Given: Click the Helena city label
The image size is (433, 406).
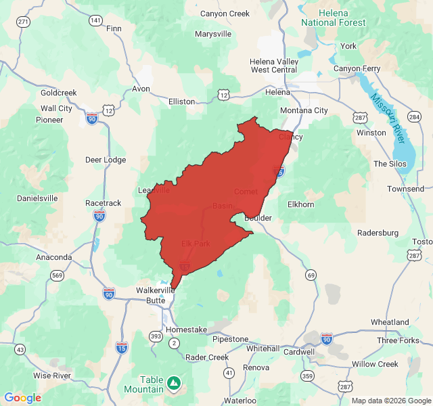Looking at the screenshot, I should coord(277,92).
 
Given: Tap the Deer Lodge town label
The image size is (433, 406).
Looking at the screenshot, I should coord(105,160).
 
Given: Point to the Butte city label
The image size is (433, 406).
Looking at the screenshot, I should coord(156,300).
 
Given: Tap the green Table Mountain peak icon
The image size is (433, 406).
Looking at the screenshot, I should coord(175,383).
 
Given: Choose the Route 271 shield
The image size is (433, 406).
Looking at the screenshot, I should coord(24,22).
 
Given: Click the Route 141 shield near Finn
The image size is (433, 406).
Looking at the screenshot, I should coord(95,21).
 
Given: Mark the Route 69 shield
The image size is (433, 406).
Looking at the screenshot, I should coord(311,275).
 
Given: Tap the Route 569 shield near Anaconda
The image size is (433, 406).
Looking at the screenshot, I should coord(57,275).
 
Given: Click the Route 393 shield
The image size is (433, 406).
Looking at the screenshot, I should coord(156,336).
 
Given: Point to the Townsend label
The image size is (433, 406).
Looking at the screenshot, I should coord(405,189).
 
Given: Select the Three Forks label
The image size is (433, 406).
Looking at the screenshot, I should coord(398,340).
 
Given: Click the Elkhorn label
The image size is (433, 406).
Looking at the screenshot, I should coord(301,204).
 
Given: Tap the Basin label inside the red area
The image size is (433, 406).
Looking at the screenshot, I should coord(223,206).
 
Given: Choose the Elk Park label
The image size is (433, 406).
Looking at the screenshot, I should coord(196,244).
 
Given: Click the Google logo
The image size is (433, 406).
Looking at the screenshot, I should coord(22,398).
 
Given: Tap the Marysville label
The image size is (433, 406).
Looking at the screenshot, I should coord(213,34).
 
